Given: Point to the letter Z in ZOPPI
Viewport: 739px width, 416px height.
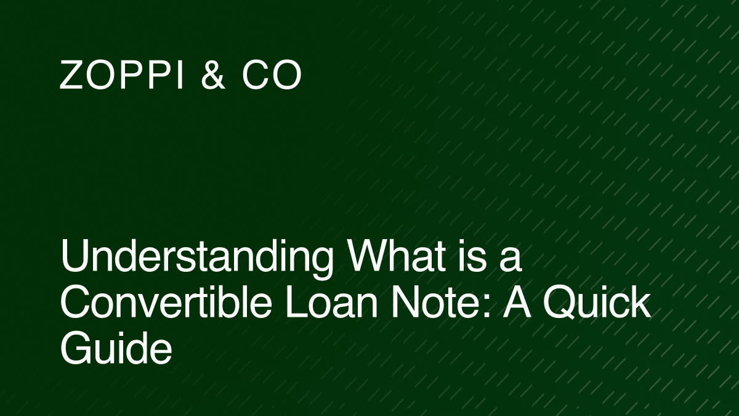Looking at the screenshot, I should click(71, 76).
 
